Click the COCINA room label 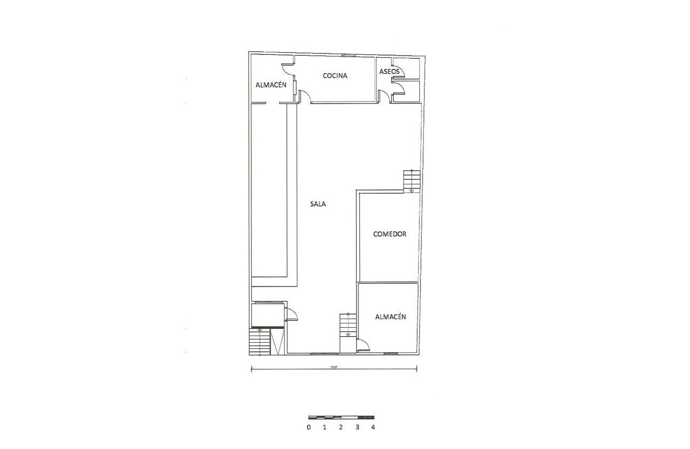[335, 76]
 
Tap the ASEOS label [389, 71]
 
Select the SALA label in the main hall [318, 204]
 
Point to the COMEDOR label [390, 234]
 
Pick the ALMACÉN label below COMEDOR [390, 317]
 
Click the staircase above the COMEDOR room [411, 180]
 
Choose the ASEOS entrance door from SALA [384, 96]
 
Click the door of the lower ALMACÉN [362, 344]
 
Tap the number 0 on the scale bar [309, 428]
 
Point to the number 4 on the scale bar [373, 428]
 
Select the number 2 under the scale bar [341, 428]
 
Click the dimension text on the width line [334, 367]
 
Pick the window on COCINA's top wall [348, 55]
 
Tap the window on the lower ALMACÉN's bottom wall [390, 353]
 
